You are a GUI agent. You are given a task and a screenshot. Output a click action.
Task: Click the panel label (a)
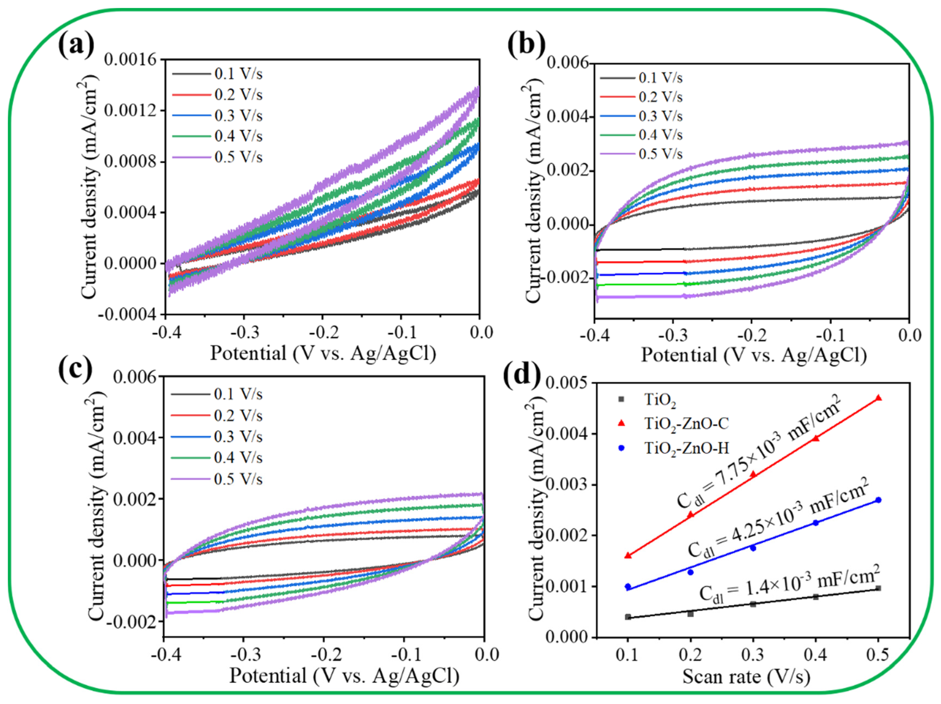[x=76, y=46]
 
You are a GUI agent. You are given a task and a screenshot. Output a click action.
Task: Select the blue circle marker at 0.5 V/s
[x=878, y=500]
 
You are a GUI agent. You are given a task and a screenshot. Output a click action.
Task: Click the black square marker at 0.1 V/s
[x=628, y=617]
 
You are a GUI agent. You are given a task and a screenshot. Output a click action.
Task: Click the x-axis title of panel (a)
[x=323, y=353]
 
